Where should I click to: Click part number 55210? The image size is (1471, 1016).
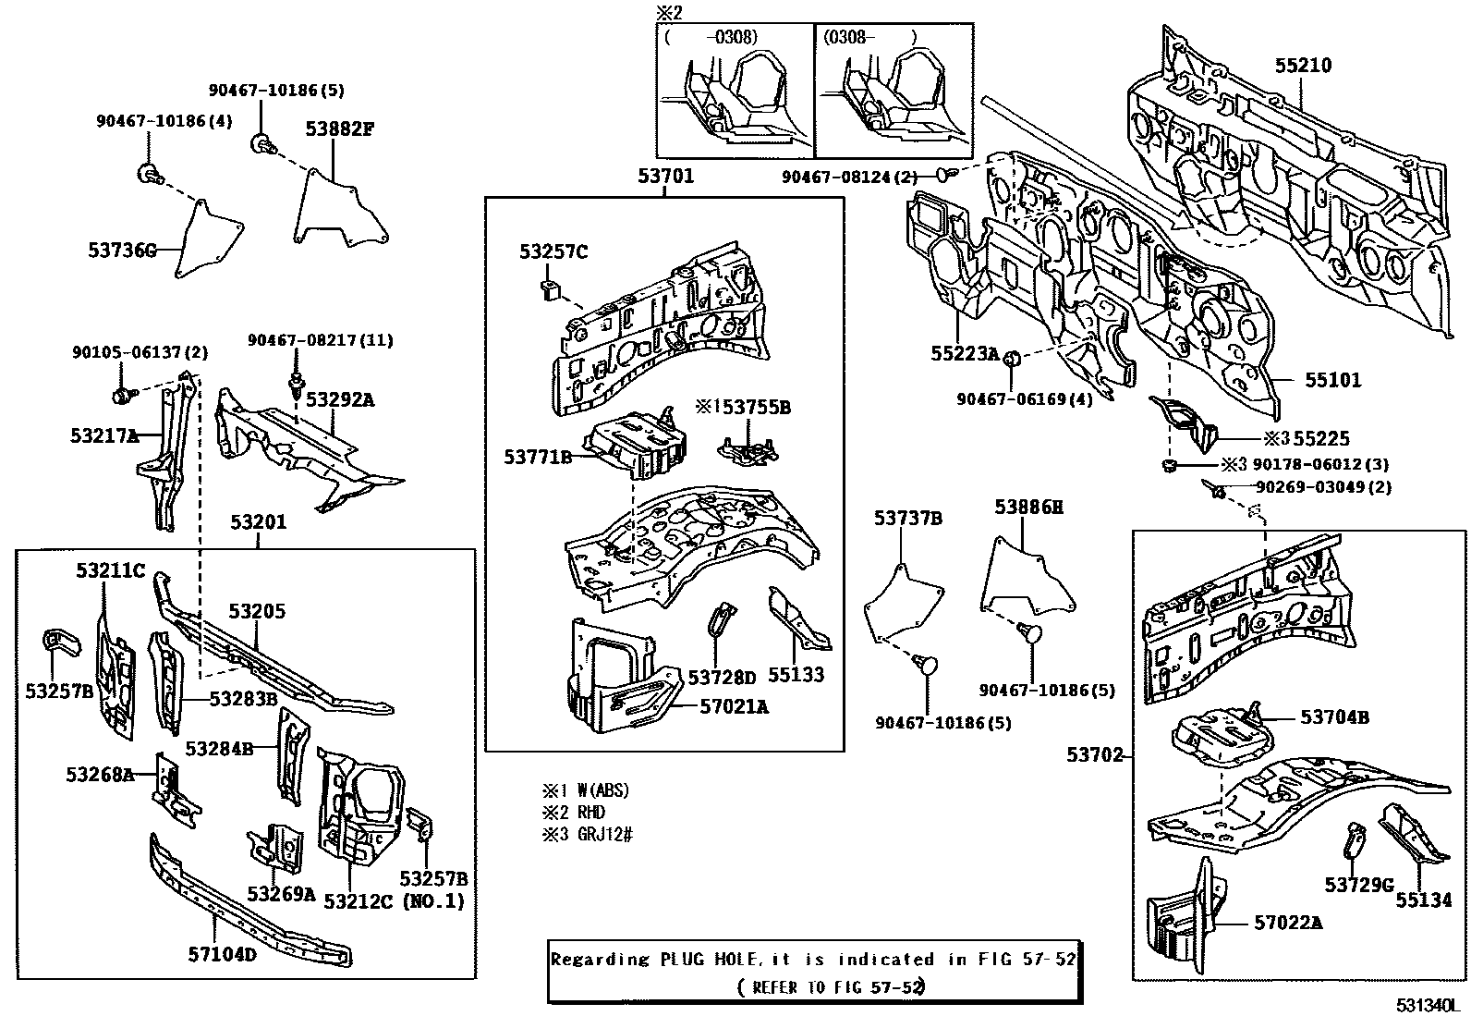(x=1303, y=66)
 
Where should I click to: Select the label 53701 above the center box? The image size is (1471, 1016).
(x=664, y=176)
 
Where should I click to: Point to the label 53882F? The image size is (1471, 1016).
(x=340, y=129)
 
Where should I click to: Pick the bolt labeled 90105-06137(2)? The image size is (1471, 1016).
(x=121, y=396)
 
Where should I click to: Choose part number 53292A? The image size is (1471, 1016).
(x=340, y=399)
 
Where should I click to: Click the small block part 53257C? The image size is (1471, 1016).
(x=549, y=288)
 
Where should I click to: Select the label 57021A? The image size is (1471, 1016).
(x=734, y=707)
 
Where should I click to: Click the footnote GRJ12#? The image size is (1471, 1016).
(x=606, y=835)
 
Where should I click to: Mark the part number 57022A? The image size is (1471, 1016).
(x=1288, y=922)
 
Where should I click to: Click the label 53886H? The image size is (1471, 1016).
(x=1028, y=507)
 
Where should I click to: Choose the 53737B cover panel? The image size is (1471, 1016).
(x=904, y=601)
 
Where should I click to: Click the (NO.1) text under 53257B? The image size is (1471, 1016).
(x=433, y=901)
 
